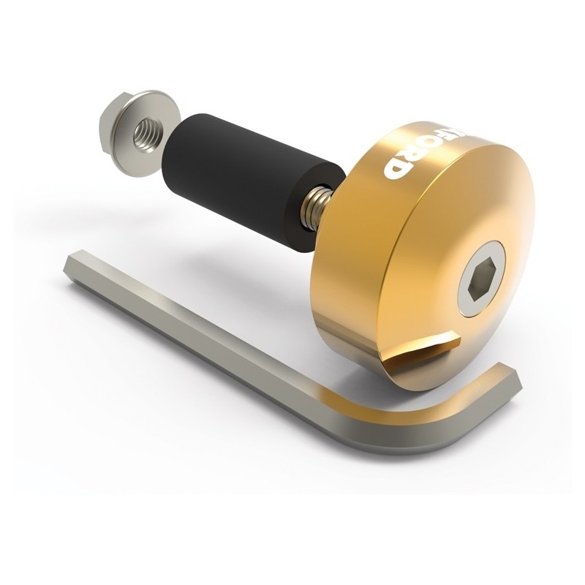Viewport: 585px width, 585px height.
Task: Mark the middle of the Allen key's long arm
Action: [x=234, y=344]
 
